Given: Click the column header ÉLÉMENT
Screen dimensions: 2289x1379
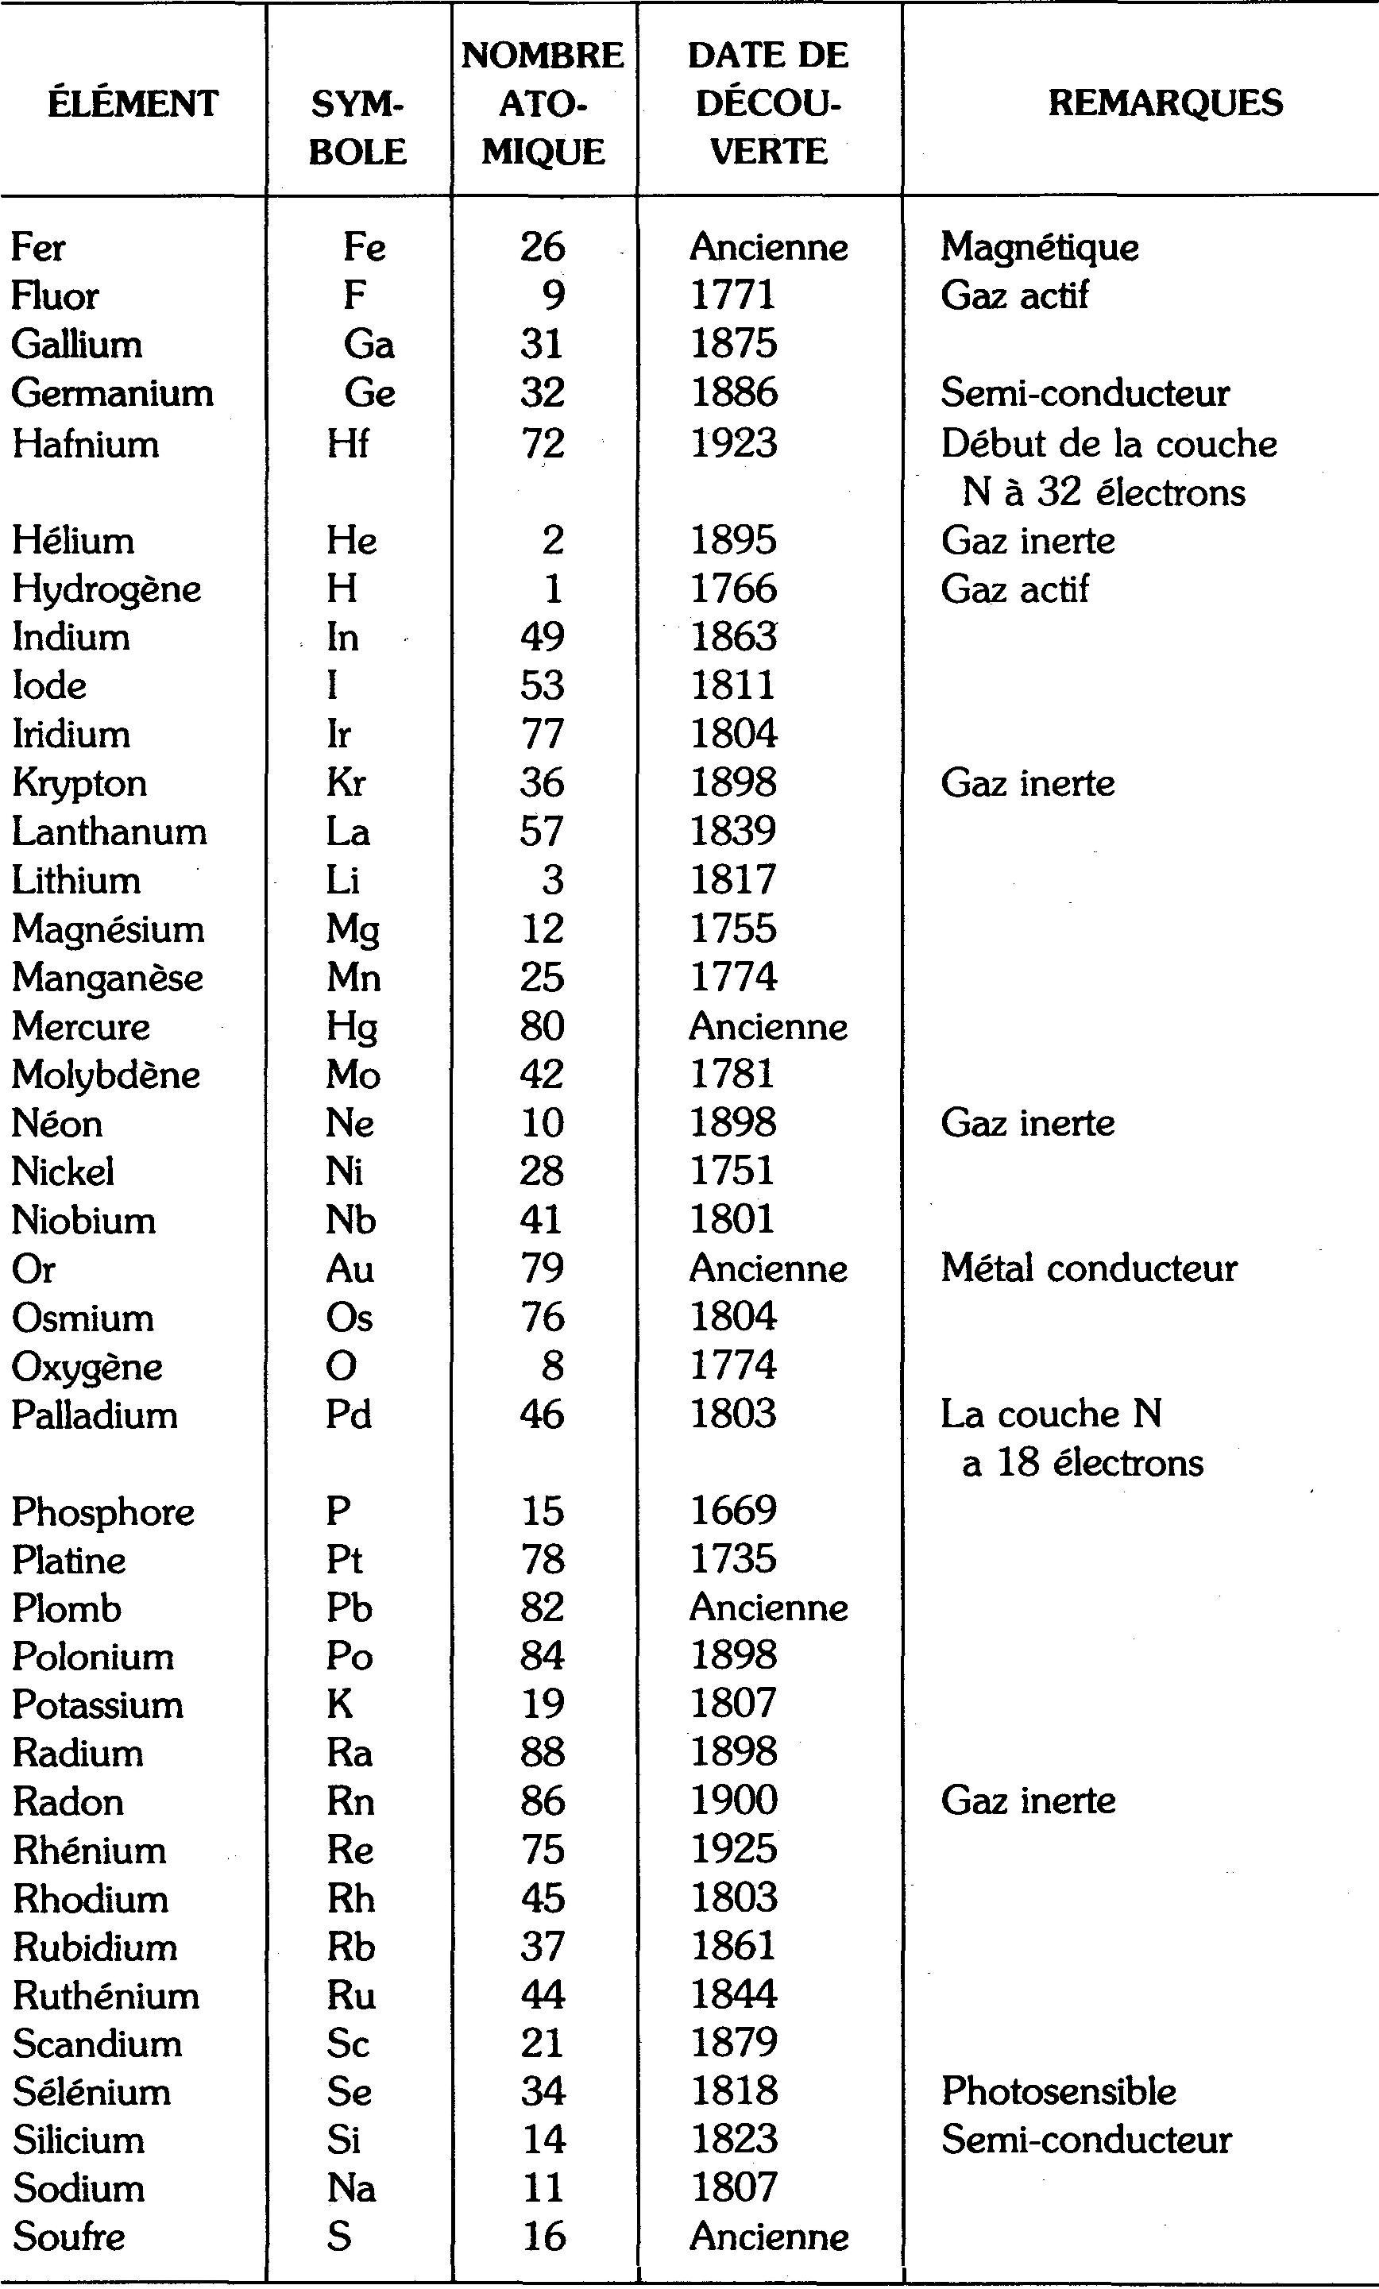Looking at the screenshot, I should (133, 103).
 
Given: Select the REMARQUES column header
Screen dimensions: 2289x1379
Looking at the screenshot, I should (1165, 102).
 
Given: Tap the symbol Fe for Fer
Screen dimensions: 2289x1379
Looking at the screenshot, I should (365, 247).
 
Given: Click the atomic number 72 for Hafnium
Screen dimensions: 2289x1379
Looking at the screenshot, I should (543, 443).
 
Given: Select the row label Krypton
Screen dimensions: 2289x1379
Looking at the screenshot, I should (80, 783).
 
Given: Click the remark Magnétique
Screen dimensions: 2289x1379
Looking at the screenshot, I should (1039, 247).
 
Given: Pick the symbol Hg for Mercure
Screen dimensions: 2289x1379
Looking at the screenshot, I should (352, 1026).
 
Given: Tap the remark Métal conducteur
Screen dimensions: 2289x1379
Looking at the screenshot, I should (1088, 1269).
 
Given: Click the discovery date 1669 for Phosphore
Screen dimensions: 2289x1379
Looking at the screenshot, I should (732, 1511).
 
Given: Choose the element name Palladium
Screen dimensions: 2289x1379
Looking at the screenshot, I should (94, 1415).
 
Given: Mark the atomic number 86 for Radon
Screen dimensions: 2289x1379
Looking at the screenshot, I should (543, 1802).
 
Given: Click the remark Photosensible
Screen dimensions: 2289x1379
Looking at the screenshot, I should (1058, 2092).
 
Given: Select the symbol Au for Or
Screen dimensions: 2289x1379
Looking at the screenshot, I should (350, 1269).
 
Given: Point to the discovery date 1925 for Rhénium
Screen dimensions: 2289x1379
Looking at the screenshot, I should (733, 1851).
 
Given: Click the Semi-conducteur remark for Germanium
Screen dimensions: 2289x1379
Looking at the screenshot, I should (1084, 393).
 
